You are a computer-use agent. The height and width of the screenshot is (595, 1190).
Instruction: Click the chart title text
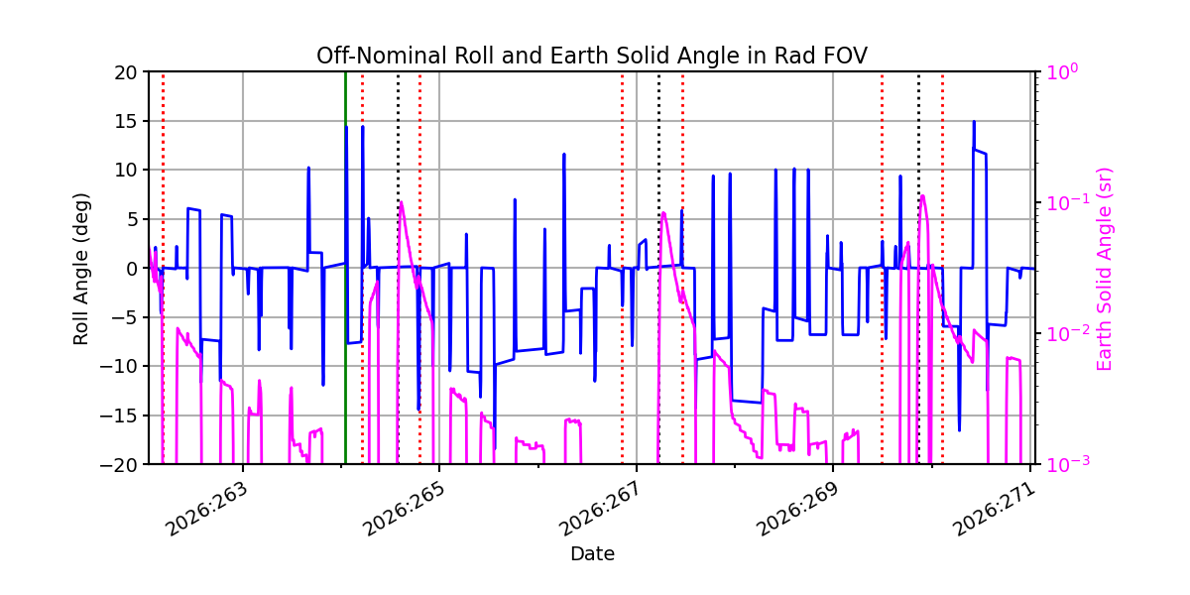tap(592, 56)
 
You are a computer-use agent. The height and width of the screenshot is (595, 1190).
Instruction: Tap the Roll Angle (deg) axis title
tap(80, 269)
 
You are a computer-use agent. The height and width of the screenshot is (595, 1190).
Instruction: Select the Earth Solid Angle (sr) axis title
tap(1104, 270)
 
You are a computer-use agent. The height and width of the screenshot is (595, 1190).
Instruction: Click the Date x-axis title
tap(592, 554)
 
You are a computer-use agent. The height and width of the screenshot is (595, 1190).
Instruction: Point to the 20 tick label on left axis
tap(125, 72)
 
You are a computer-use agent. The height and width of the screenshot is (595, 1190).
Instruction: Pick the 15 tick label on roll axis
tap(125, 122)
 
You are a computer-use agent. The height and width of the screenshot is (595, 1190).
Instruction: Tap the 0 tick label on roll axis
tap(132, 269)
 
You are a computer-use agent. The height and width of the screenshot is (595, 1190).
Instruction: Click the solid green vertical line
tap(345, 269)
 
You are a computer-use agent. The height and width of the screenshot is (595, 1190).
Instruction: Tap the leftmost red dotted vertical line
tap(163, 269)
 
